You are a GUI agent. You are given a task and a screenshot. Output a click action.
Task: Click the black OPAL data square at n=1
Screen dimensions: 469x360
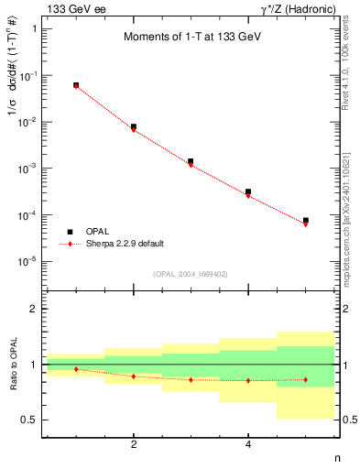pos(76,85)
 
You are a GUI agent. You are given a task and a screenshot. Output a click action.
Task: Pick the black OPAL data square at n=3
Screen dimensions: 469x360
pos(191,161)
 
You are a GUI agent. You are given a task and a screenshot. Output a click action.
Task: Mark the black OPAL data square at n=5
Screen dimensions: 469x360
pos(306,221)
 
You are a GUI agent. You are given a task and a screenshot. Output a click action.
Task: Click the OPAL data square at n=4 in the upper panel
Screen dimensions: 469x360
pos(248,191)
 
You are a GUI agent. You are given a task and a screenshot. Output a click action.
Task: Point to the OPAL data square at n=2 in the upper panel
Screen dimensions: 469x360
pos(134,126)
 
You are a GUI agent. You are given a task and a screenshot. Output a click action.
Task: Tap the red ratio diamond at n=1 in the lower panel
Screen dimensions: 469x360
pos(76,369)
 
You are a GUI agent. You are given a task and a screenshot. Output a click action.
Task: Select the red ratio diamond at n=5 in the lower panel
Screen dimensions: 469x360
pos(306,379)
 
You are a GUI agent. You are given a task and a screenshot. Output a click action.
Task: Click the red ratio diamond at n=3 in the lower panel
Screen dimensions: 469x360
pos(191,379)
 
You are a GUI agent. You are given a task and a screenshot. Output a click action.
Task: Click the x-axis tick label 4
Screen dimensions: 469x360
pos(248,445)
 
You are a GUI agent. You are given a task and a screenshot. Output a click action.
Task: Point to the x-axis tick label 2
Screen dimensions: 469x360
pos(134,445)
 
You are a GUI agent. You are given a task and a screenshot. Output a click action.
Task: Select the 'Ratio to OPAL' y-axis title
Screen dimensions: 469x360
pos(13,365)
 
